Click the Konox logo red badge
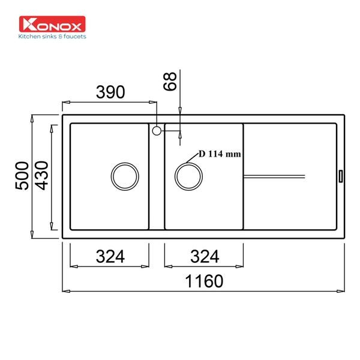(52, 24)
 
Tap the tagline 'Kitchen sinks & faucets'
(52, 37)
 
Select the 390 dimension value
(110, 92)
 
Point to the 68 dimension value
(170, 82)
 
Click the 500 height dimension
(22, 176)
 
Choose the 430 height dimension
(41, 176)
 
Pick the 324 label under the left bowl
(110, 256)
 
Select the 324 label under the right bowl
(205, 256)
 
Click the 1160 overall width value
(204, 281)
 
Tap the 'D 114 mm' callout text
(220, 154)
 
